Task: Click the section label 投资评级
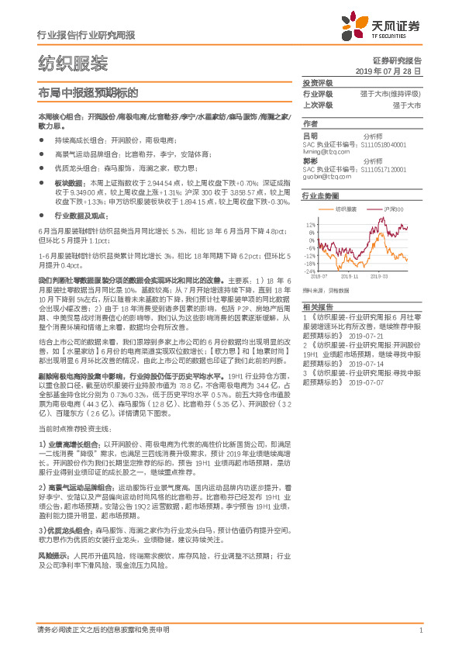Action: click(317, 82)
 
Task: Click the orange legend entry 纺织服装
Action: click(345, 209)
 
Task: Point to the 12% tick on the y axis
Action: click(310, 223)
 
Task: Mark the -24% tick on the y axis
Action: click(309, 271)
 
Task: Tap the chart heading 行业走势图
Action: click(320, 198)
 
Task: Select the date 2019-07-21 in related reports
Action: click(367, 335)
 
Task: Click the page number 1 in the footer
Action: click(419, 630)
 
